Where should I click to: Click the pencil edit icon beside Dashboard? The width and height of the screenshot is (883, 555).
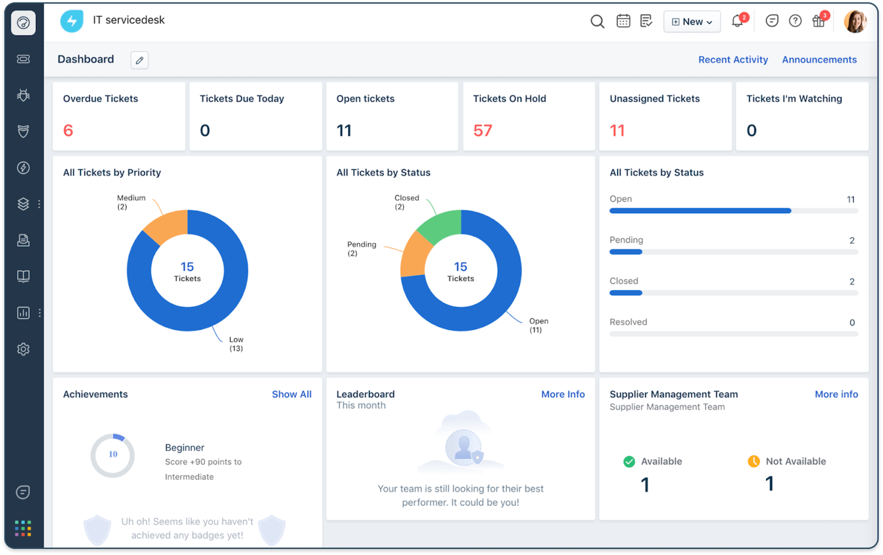tap(140, 60)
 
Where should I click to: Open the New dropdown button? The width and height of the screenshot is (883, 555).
tap(691, 22)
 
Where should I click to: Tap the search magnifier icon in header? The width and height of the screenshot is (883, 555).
tap(597, 22)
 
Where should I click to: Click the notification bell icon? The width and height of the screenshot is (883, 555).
tap(737, 21)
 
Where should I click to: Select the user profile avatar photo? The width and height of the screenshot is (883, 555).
tap(854, 22)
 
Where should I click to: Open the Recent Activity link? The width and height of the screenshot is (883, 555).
tap(733, 60)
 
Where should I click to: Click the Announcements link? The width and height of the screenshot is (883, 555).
tap(819, 60)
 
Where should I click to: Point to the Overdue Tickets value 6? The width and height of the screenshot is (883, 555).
tap(69, 130)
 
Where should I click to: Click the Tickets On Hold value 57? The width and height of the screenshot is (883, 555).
tap(483, 130)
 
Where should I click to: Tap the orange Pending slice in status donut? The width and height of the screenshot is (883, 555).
tap(415, 256)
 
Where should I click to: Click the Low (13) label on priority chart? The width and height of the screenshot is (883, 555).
tap(236, 344)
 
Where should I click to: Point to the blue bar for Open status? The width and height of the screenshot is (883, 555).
tap(700, 211)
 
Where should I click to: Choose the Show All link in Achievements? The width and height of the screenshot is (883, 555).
tap(291, 394)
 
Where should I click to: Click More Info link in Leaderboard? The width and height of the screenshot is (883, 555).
tap(563, 394)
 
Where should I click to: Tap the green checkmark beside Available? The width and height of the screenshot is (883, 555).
tap(629, 461)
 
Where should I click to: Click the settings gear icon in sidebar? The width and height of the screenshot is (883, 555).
tap(23, 349)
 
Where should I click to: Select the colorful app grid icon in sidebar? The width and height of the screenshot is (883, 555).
tap(23, 528)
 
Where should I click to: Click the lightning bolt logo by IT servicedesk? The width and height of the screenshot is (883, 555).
tap(72, 22)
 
